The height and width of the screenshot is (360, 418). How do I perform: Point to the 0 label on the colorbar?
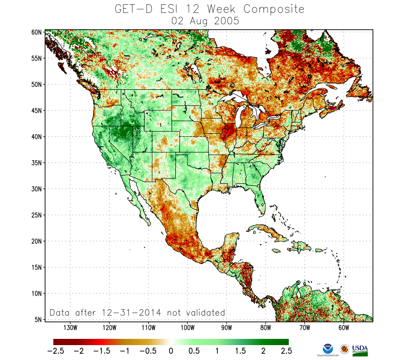[171, 351]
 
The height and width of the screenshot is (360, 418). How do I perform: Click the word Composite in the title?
[273, 9]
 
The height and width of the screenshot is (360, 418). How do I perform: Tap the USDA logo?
[360, 349]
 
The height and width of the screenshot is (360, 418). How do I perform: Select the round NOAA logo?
[328, 349]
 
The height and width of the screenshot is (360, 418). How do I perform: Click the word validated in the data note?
[202, 312]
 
